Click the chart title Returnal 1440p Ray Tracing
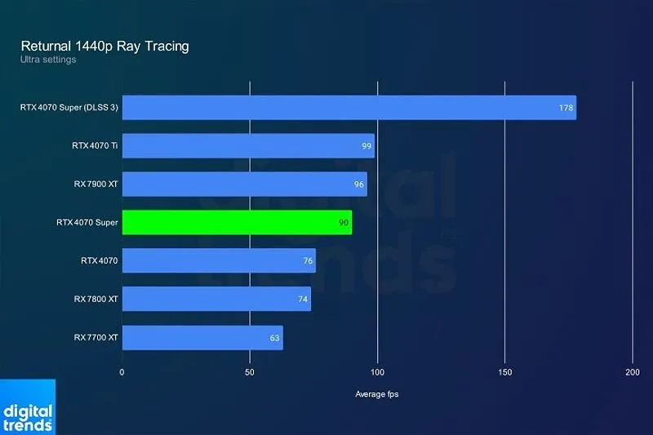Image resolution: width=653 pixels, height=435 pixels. click(104, 46)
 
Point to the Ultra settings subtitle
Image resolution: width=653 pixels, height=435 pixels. click(48, 60)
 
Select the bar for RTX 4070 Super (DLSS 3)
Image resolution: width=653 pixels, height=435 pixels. click(349, 108)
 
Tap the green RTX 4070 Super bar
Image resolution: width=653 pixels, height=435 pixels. click(237, 222)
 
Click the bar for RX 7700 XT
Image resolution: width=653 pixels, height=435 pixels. click(202, 337)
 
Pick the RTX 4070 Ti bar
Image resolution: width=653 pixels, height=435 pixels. click(247, 146)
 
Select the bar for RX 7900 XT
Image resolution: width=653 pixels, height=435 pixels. click(244, 184)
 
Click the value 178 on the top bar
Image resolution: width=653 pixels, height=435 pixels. click(566, 108)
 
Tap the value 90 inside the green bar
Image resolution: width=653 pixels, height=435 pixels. click(344, 223)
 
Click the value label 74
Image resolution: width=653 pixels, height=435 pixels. click(303, 300)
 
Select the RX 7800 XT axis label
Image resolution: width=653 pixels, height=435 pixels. click(96, 300)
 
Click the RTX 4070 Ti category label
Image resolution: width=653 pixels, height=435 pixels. click(95, 146)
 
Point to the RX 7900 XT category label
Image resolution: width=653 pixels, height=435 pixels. click(96, 184)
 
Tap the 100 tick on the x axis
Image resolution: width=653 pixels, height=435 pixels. click(377, 372)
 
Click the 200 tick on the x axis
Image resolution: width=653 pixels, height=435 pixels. click(633, 372)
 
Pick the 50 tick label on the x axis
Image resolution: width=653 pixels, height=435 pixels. click(250, 372)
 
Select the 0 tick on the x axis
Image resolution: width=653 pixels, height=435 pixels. click(122, 372)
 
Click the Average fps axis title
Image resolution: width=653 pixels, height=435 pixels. click(377, 395)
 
